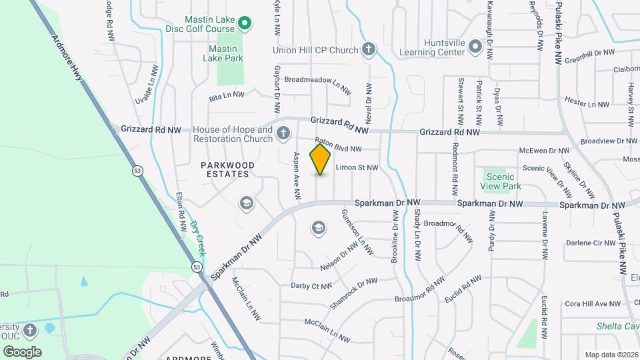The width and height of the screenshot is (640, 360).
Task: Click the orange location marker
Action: pos(320,159)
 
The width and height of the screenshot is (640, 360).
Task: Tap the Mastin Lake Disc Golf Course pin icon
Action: pos(244,25)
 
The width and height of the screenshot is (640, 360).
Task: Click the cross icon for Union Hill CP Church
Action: pos(368,49)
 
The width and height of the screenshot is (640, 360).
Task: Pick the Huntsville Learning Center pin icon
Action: pos(475,46)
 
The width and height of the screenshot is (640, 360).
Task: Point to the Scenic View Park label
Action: pos(501,182)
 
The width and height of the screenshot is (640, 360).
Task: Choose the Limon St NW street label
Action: pos(357,168)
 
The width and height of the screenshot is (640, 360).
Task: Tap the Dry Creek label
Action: pos(197,239)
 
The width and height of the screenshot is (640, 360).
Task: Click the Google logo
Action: pos(22,351)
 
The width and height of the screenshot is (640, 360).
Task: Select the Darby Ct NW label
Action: pos(311,286)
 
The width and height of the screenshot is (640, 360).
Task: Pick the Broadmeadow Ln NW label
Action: pos(317,84)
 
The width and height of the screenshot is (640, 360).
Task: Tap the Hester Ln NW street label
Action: pos(587,103)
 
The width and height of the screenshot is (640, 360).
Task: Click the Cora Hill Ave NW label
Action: pos(593,304)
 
